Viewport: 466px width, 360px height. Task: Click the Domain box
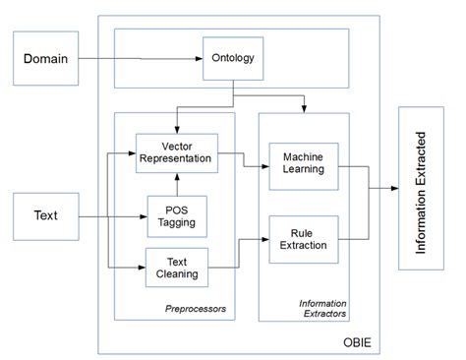(46, 59)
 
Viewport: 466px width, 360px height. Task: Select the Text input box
(46, 215)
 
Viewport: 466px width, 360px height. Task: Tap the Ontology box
(233, 59)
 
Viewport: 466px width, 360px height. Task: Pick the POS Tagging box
(176, 215)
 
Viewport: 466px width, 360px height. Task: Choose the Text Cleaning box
(176, 267)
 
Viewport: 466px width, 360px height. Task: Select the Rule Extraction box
(303, 238)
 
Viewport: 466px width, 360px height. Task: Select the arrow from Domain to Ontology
(138, 59)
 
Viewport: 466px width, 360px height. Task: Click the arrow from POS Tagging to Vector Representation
(177, 184)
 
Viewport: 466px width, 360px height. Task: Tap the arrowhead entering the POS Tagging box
(142, 215)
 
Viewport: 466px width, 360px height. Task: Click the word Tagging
(176, 222)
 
